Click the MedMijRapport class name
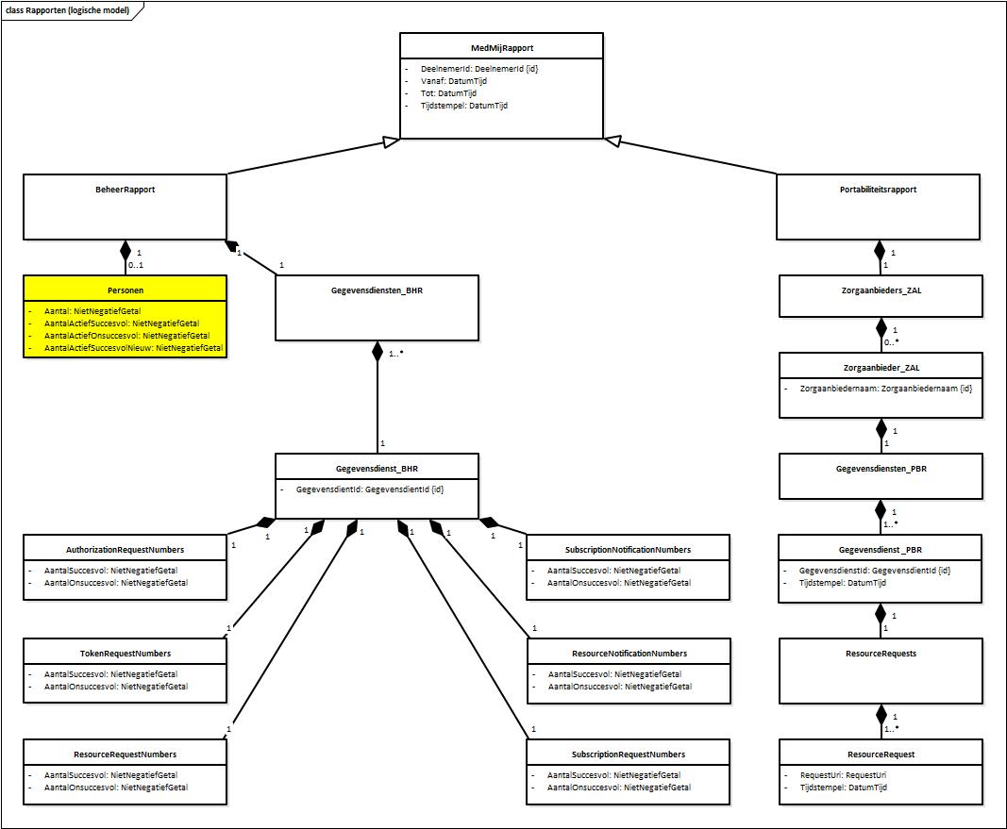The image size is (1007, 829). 501,48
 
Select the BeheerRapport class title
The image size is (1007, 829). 125,190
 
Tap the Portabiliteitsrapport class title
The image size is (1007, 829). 878,190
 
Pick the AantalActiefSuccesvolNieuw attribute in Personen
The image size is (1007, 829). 133,348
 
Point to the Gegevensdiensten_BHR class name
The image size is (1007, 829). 377,290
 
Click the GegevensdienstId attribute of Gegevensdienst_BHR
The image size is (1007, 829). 370,489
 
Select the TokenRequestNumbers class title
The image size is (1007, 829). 125,653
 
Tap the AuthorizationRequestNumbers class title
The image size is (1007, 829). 125,549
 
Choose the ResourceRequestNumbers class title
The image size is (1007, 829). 125,754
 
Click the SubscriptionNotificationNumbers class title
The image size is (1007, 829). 628,549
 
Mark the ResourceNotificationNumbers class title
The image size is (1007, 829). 629,653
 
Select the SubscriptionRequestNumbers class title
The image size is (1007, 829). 629,754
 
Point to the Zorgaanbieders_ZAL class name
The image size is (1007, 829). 881,290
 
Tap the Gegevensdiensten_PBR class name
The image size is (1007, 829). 881,468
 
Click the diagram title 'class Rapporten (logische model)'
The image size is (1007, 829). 66,9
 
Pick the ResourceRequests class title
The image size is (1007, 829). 881,653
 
